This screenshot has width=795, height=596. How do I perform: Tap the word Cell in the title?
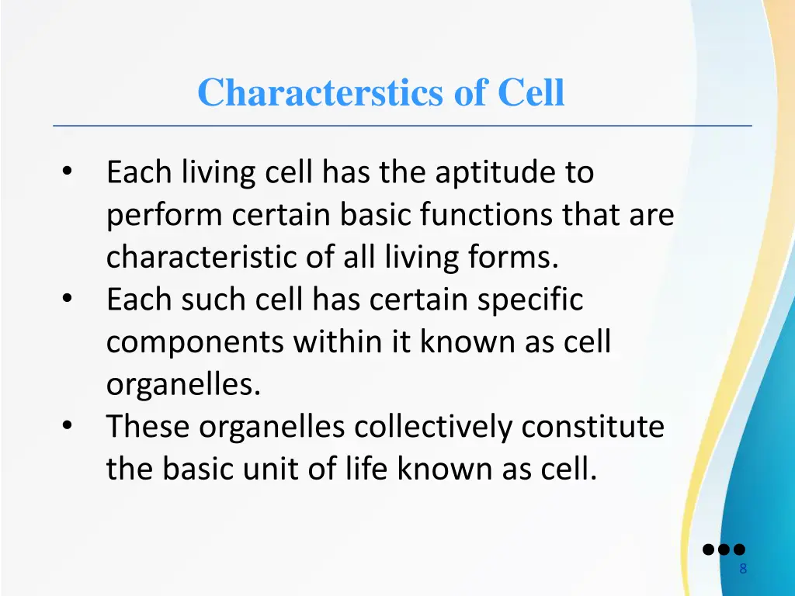(x=530, y=92)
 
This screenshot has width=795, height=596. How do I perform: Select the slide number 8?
(x=743, y=570)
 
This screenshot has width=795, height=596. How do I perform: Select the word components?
(x=195, y=342)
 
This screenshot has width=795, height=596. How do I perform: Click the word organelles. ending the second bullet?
(x=183, y=385)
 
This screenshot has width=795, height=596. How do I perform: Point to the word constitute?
(x=592, y=427)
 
